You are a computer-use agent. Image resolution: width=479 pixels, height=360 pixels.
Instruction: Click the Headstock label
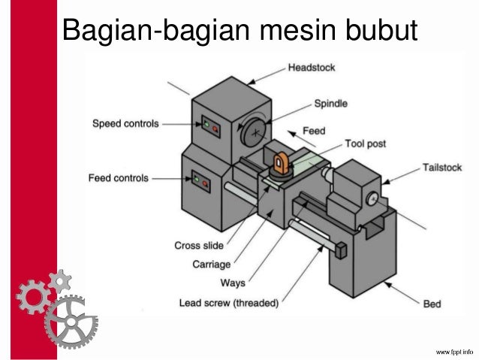[311, 68]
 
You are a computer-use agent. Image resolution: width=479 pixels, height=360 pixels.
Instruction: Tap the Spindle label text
[330, 104]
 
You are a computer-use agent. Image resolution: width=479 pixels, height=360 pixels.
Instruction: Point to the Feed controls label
[119, 178]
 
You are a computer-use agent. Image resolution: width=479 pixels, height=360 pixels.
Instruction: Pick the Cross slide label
[198, 245]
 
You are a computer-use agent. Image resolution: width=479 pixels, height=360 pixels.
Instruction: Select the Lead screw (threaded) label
[229, 304]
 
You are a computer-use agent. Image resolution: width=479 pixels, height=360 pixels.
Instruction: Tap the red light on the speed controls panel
[215, 129]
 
